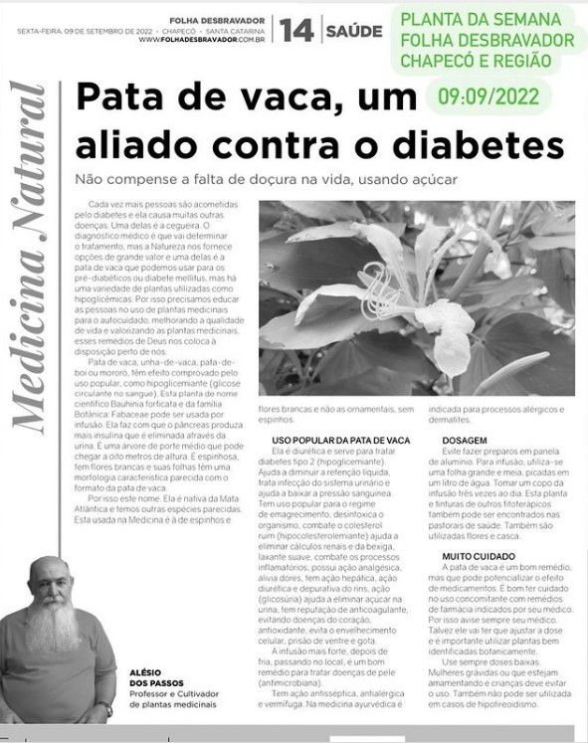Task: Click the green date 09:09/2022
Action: click(x=488, y=96)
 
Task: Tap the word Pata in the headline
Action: click(x=120, y=100)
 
